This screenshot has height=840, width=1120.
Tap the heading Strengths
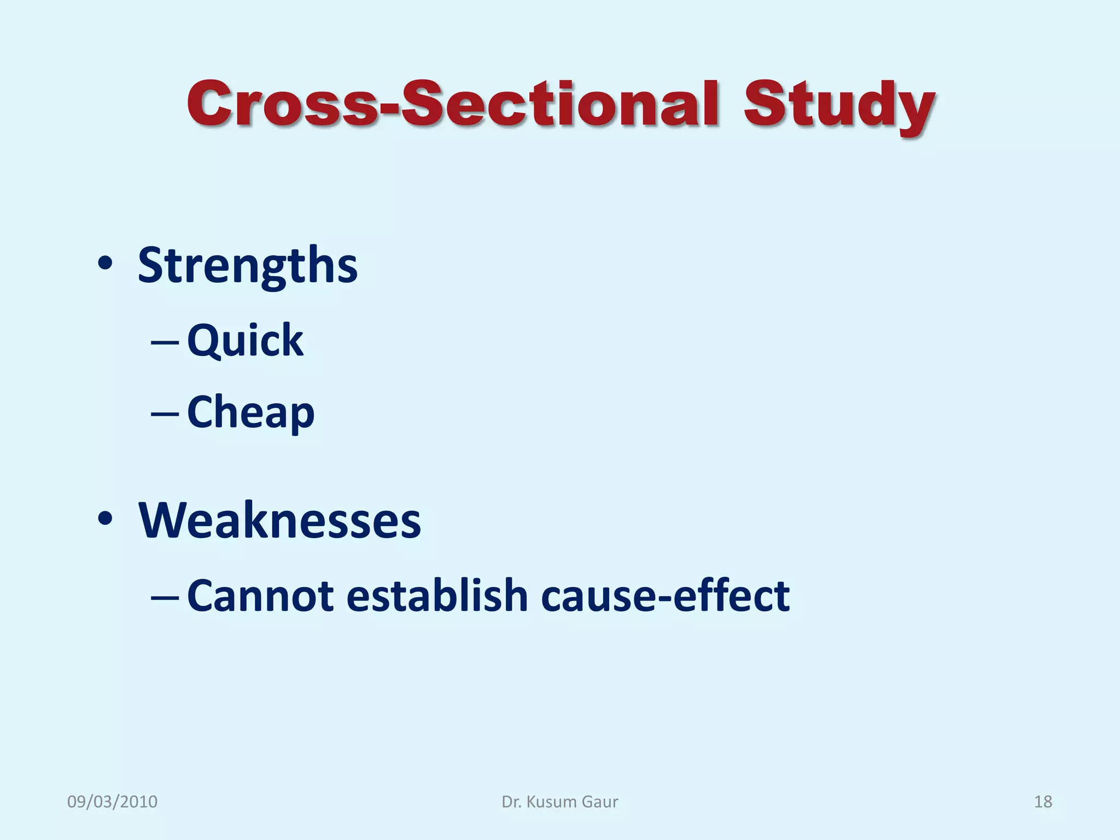click(x=247, y=265)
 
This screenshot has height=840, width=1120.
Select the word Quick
click(x=245, y=341)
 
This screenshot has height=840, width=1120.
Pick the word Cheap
click(x=250, y=412)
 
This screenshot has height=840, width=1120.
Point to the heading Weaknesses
click(x=279, y=520)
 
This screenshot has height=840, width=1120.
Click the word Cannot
click(x=260, y=596)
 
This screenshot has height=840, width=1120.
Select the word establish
click(x=437, y=596)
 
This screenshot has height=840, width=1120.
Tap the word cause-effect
click(x=665, y=596)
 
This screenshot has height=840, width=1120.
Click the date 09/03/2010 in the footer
click(x=112, y=802)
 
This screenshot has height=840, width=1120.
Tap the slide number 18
click(x=1043, y=802)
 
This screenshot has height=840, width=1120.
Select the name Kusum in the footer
click(x=551, y=802)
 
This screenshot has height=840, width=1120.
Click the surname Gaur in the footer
click(x=599, y=802)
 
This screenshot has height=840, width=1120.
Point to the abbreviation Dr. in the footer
click(x=511, y=802)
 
